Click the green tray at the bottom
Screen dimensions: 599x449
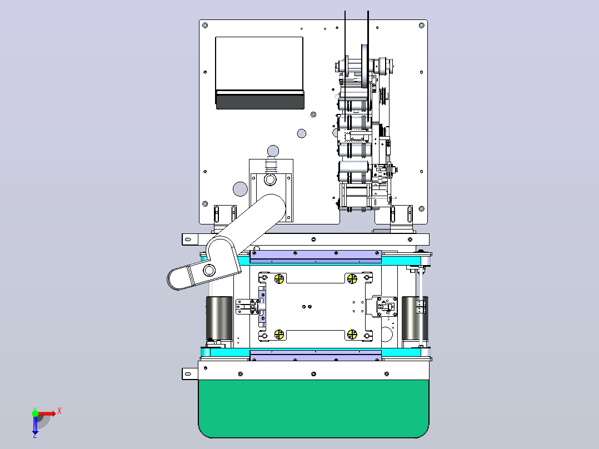[x=313, y=408]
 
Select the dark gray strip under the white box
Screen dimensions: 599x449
[x=260, y=99]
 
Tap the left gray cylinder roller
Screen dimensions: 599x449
[x=219, y=318]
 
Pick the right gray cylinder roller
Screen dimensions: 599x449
[x=415, y=318]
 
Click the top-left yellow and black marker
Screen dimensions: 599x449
[x=279, y=278]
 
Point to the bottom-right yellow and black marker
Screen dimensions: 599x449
[x=352, y=335]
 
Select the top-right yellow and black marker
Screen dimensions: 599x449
[x=352, y=278]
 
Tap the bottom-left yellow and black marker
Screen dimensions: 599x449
[x=279, y=335]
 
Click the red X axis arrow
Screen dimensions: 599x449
[x=47, y=413]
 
